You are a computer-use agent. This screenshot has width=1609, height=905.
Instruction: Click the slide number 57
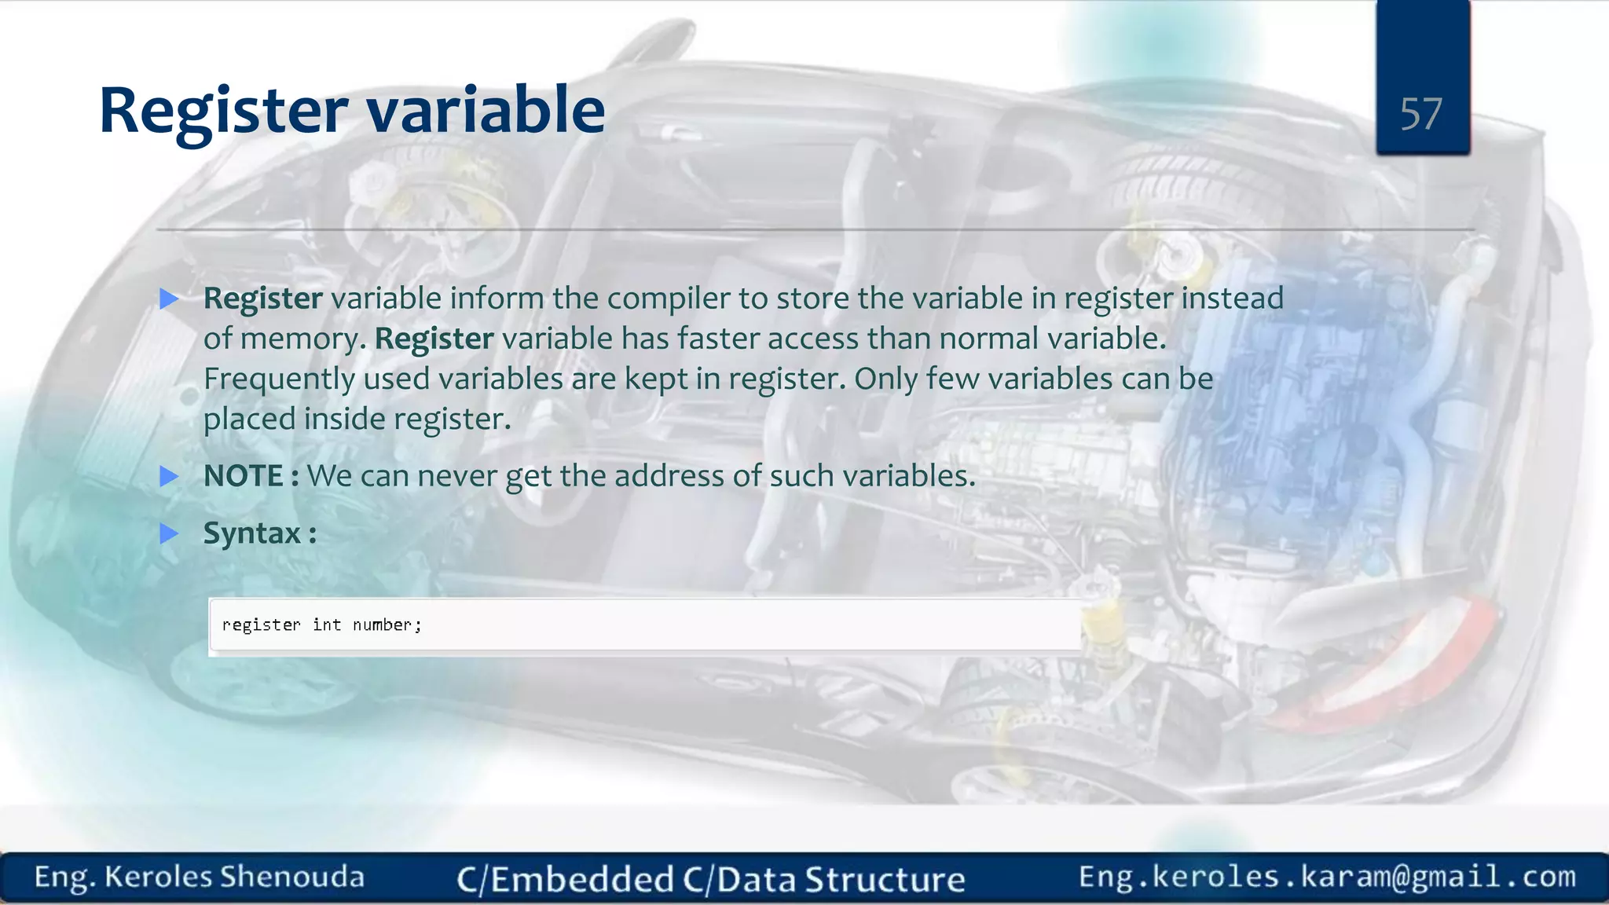click(1420, 115)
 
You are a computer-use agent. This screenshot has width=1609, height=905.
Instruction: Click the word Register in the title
click(223, 111)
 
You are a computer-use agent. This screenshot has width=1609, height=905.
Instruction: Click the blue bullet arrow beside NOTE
click(169, 476)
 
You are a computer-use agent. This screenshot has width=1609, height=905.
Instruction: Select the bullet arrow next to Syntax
click(169, 534)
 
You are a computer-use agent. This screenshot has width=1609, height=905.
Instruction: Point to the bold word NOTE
click(243, 476)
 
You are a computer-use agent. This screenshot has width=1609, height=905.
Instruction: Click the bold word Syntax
click(251, 533)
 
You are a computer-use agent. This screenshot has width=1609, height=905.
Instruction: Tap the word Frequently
click(279, 379)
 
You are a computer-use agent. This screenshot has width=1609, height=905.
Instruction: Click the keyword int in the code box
click(327, 625)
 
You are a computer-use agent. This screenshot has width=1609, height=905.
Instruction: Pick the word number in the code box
click(383, 625)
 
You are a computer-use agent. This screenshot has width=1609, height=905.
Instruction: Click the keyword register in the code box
click(261, 625)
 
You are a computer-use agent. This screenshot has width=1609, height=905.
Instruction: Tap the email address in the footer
click(1327, 877)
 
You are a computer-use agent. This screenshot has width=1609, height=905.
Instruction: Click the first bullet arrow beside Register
click(169, 299)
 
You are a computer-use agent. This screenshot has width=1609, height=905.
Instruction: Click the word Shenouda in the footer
click(291, 877)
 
